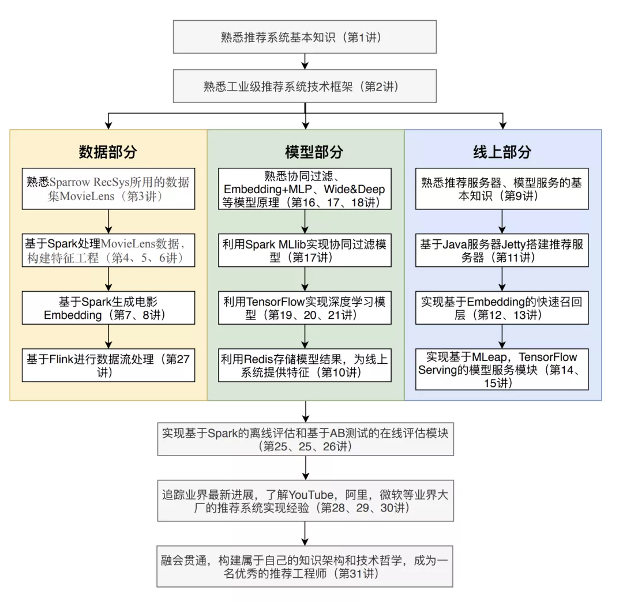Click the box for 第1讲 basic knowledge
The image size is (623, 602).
pyautogui.click(x=305, y=37)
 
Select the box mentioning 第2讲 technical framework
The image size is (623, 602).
pyautogui.click(x=305, y=86)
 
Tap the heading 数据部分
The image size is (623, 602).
pyautogui.click(x=108, y=152)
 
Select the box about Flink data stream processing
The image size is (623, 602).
pyautogui.click(x=108, y=365)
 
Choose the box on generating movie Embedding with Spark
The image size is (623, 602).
pyautogui.click(x=108, y=308)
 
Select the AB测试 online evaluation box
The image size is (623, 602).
pyautogui.click(x=305, y=439)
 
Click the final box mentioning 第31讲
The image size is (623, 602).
pyautogui.click(x=305, y=566)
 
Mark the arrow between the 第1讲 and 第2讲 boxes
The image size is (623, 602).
pyautogui.click(x=305, y=61)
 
